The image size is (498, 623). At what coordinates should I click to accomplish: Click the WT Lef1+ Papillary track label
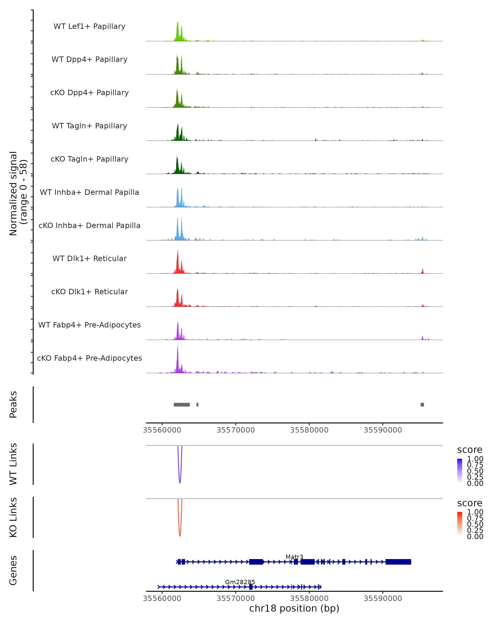tap(89, 26)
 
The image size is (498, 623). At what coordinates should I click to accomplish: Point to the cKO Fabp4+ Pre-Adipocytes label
tap(89, 358)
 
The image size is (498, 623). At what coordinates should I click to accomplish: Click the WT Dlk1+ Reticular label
tap(89, 258)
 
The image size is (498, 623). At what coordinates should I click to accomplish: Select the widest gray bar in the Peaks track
tap(182, 405)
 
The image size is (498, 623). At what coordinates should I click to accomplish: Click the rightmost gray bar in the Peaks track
tap(422, 405)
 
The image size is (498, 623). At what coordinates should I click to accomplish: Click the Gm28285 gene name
tap(240, 582)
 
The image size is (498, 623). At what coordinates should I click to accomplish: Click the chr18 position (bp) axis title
tap(294, 608)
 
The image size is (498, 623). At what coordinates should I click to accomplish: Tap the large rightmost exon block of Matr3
tap(398, 562)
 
